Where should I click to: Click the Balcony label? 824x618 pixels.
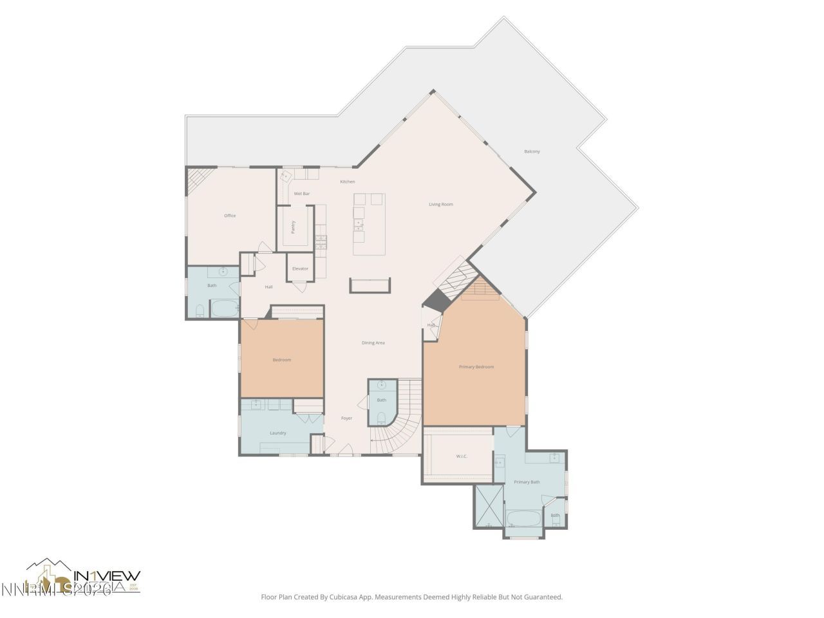coord(532,151)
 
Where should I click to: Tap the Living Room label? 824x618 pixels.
coord(441,204)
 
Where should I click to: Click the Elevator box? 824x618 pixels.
coord(300,268)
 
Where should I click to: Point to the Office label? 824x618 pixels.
coord(230,216)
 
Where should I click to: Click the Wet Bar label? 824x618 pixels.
coord(302,193)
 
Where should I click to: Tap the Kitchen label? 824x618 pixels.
coord(348,182)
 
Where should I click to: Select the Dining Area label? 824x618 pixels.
coord(373,342)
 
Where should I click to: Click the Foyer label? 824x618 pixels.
coord(346,418)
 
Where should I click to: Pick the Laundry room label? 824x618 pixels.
coord(278,433)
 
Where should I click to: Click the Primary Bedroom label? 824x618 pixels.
coord(476,366)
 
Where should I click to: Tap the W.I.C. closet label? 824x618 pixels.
coord(462,456)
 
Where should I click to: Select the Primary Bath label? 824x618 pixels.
coord(527,482)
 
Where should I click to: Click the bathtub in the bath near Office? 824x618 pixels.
coord(224,310)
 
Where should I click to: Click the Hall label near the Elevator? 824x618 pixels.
coord(268,286)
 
